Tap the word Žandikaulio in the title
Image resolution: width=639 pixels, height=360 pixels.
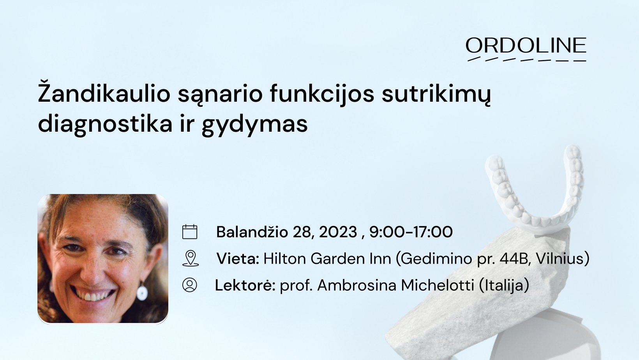(x=104, y=94)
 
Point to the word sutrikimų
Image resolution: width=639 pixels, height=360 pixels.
(x=436, y=95)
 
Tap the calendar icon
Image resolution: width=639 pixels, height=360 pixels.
(x=190, y=232)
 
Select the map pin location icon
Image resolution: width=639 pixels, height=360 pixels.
(x=190, y=258)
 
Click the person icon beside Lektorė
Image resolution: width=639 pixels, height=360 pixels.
(x=190, y=285)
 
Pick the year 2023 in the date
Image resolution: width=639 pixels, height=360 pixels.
(x=338, y=232)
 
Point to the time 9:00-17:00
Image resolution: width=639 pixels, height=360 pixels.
(x=411, y=232)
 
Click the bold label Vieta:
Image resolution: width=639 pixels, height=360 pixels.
(x=238, y=258)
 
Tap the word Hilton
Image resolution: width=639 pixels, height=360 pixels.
(x=285, y=258)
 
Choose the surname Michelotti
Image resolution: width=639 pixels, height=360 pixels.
(x=438, y=285)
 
